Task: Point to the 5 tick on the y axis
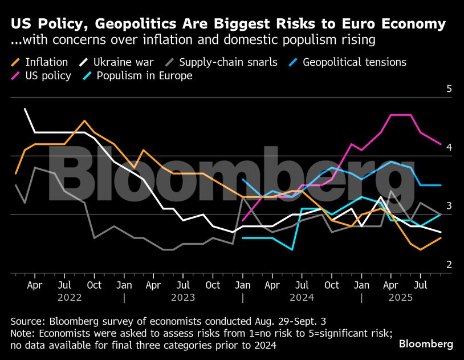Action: coord(449,89)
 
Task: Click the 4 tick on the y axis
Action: coord(449,148)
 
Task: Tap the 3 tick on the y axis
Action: coord(449,206)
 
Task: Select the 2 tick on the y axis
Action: coord(449,265)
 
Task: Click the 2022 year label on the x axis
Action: coord(70,297)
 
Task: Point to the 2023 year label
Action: coord(183,297)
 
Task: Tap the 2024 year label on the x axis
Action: coord(303,297)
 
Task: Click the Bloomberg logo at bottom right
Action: coord(426,344)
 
